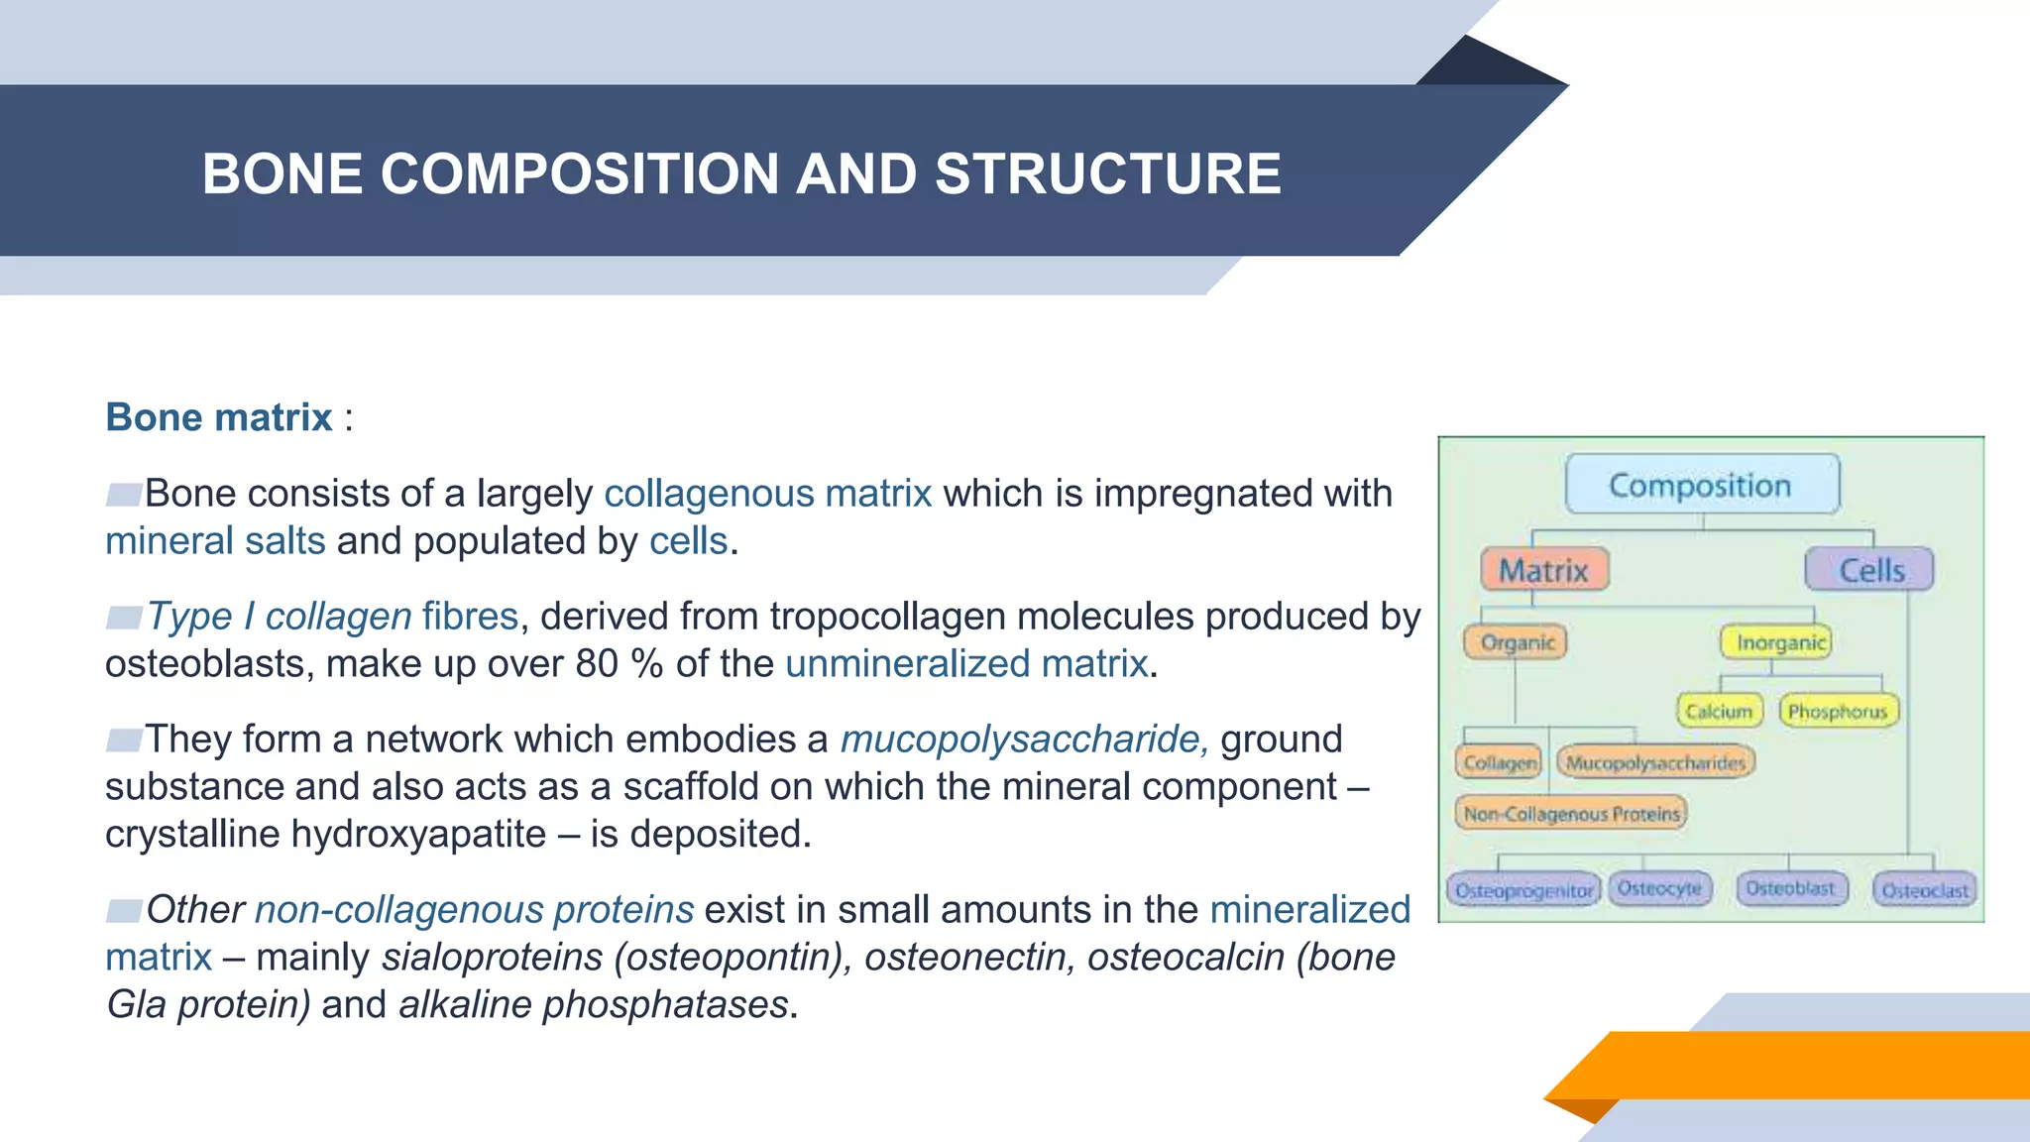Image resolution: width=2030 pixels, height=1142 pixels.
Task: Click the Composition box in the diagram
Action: click(1701, 485)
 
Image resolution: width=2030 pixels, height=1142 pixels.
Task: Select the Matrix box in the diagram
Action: click(1543, 570)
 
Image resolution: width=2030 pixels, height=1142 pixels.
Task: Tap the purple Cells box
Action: click(1869, 570)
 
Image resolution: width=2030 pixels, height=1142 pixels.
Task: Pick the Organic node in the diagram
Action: click(1517, 642)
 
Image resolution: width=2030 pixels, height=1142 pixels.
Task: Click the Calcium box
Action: click(1719, 711)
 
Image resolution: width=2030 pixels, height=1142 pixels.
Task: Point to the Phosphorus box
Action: click(1839, 711)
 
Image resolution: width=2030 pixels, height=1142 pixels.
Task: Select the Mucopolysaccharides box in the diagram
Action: click(1655, 762)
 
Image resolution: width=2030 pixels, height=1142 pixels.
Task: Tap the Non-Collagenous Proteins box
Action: click(1571, 814)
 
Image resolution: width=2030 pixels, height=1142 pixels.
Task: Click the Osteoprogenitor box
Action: click(1523, 890)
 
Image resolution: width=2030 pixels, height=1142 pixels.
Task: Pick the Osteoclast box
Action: click(1924, 890)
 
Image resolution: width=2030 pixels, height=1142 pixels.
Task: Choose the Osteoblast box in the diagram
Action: click(1790, 888)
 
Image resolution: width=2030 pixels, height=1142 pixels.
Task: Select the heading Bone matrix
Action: click(219, 417)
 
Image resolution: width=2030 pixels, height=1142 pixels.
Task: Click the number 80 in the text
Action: click(597, 664)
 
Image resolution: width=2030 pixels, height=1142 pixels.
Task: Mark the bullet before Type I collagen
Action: click(125, 618)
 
